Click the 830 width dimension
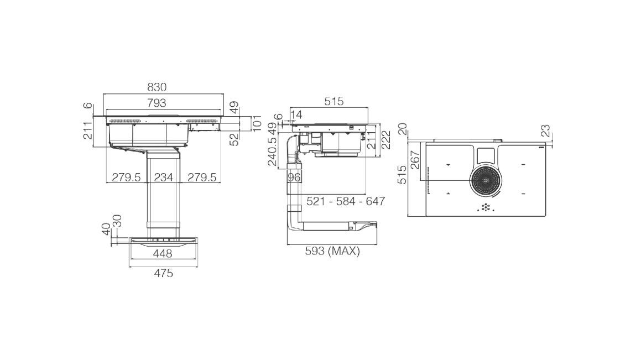point(157,87)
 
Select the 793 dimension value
point(157,103)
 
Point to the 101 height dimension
point(257,123)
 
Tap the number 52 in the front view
point(234,139)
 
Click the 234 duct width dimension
point(164,178)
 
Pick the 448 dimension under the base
point(163,254)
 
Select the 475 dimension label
point(164,273)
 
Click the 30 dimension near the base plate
point(117,221)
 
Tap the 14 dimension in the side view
point(296,115)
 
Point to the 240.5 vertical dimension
point(272,152)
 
